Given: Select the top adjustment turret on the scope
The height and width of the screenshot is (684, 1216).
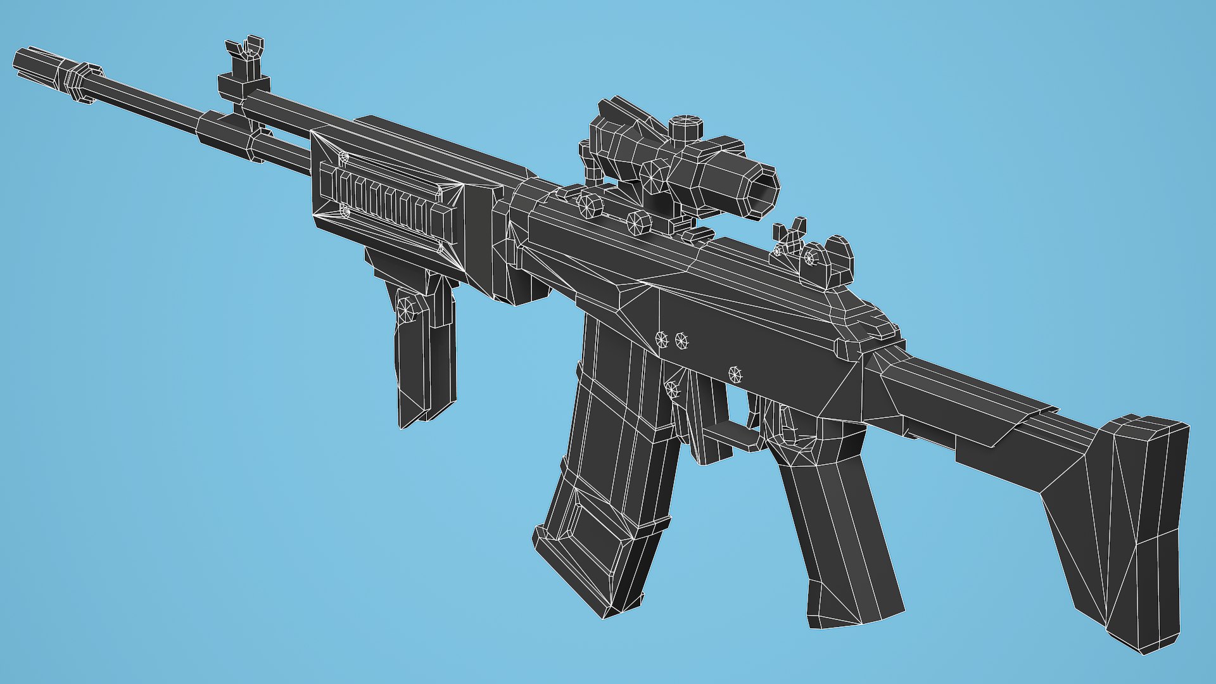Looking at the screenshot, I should click(x=687, y=127).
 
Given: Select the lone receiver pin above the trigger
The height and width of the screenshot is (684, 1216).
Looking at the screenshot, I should click(x=735, y=374).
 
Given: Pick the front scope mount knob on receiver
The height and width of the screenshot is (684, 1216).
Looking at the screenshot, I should click(x=590, y=205).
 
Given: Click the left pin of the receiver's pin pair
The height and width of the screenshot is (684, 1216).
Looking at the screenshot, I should click(x=662, y=339).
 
